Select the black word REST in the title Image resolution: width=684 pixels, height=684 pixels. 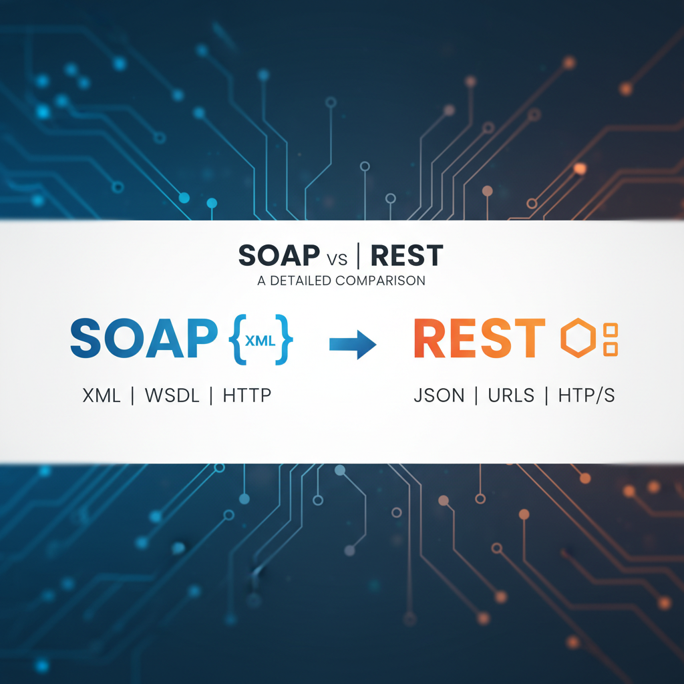click(406, 256)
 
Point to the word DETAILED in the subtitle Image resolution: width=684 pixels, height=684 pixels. click(300, 281)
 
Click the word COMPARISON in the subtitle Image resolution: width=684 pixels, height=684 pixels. click(380, 281)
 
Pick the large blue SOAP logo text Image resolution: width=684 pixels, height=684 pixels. click(144, 339)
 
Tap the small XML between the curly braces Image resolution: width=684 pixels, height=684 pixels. click(259, 340)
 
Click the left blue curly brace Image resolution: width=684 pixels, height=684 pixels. click(235, 340)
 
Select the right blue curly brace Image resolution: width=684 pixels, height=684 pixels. click(285, 340)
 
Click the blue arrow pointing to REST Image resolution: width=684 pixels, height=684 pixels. click(353, 343)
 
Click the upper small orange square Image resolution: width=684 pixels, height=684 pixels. click(611, 330)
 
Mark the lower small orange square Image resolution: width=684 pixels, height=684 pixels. click(611, 349)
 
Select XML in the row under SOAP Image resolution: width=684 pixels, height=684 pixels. click(102, 395)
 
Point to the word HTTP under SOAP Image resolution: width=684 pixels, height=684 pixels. click(247, 395)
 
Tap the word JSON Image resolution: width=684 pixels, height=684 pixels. click(439, 395)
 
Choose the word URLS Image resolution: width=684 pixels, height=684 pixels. click(510, 395)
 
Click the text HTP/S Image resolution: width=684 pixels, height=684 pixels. click(585, 395)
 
